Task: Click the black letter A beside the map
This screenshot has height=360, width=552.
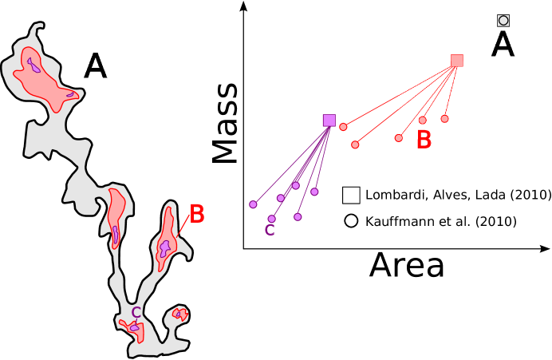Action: pos(96,65)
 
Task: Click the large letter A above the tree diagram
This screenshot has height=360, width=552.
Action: pos(503,44)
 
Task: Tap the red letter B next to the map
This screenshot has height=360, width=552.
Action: pos(196,215)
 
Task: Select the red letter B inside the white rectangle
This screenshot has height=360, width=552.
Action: pos(424,140)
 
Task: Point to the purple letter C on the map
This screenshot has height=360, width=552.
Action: pos(136,313)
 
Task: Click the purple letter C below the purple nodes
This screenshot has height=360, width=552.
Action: pos(270,231)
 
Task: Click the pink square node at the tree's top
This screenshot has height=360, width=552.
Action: pos(457,61)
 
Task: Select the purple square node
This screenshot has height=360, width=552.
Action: pos(329,121)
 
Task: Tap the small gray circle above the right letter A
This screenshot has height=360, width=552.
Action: pos(503,21)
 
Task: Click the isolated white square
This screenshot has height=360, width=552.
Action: pos(351,196)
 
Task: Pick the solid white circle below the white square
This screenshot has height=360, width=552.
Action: pos(351,221)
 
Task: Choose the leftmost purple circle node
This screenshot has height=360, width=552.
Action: pos(253,204)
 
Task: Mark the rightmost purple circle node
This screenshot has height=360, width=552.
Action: pos(314,192)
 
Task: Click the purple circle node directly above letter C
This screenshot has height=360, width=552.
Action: pos(271,219)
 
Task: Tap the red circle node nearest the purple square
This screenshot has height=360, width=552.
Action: pos(343,127)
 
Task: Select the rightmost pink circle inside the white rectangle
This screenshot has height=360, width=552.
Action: pos(444,119)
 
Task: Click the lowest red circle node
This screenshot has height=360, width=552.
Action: pos(355,144)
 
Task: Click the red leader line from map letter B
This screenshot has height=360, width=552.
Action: pos(183,225)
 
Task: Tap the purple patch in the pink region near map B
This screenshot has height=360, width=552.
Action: pos(164,248)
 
